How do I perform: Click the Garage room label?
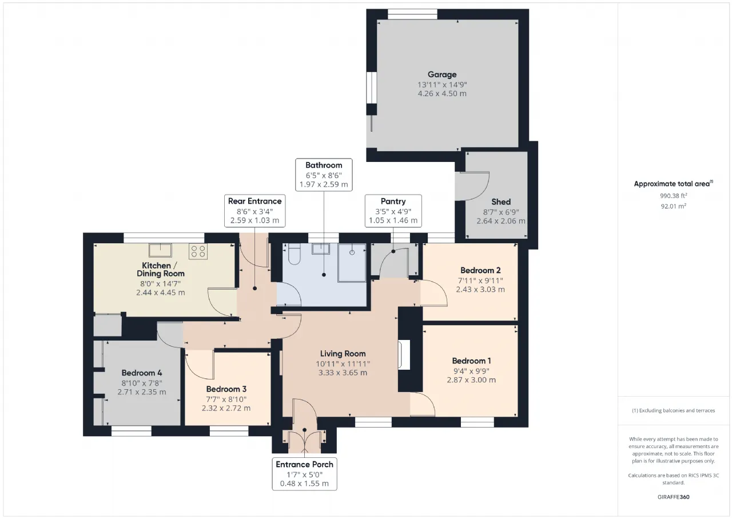coord(442,74)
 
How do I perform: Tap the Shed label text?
coord(501,202)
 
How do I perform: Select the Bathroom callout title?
coord(324,165)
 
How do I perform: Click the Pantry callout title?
coord(393,201)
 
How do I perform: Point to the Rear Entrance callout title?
coord(255,201)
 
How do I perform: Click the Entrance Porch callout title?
coord(305,464)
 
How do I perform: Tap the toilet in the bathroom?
coord(294,254)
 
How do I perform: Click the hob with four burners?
coord(198,251)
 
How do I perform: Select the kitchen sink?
coord(160,250)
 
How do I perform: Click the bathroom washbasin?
coord(321,249)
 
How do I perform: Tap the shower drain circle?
coord(352,252)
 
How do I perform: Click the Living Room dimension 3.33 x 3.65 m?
coord(343,373)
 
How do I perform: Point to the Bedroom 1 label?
coord(471,361)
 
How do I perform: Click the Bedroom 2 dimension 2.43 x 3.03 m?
coord(480,290)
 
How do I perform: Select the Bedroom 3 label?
coord(226,389)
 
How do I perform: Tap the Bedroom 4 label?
coord(142,373)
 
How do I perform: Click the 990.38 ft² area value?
coord(674,196)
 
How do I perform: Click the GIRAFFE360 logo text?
coord(674,497)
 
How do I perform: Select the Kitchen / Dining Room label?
coord(161,270)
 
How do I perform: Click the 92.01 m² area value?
coord(674,206)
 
